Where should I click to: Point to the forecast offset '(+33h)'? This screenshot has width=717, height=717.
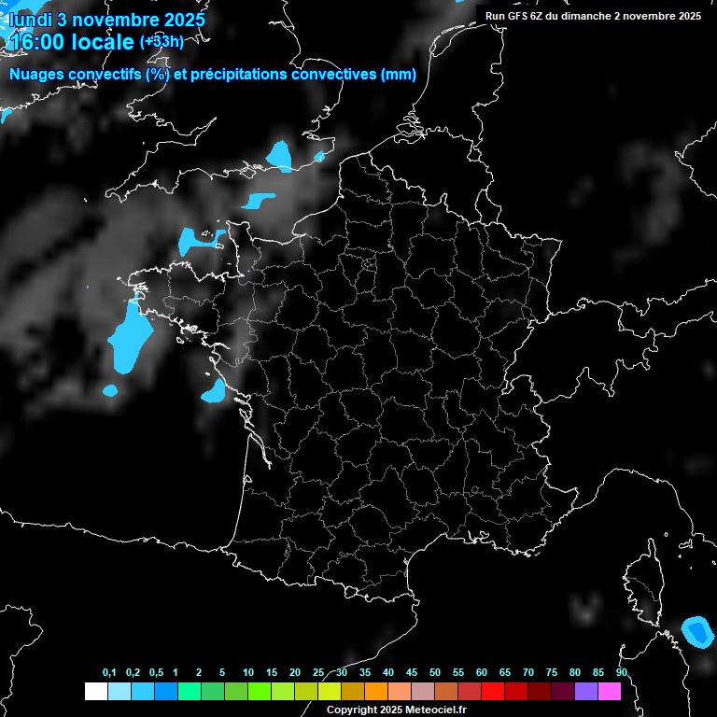coord(161,42)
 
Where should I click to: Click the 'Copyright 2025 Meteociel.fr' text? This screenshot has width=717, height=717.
coord(396,710)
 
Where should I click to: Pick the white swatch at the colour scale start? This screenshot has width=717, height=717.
coord(95,692)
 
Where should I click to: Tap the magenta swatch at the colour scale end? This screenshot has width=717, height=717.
coord(609,692)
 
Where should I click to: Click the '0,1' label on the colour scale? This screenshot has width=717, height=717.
coord(108,673)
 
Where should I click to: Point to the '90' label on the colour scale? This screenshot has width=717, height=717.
coord(621,673)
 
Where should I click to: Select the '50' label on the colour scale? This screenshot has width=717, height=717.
coord(435,673)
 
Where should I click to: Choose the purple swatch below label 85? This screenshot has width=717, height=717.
coord(585,692)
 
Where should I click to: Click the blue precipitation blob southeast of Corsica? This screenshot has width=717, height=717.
coord(696,632)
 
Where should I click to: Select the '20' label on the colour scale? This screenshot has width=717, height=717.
coord(295,673)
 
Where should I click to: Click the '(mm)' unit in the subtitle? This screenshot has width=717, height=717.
coord(399,75)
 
